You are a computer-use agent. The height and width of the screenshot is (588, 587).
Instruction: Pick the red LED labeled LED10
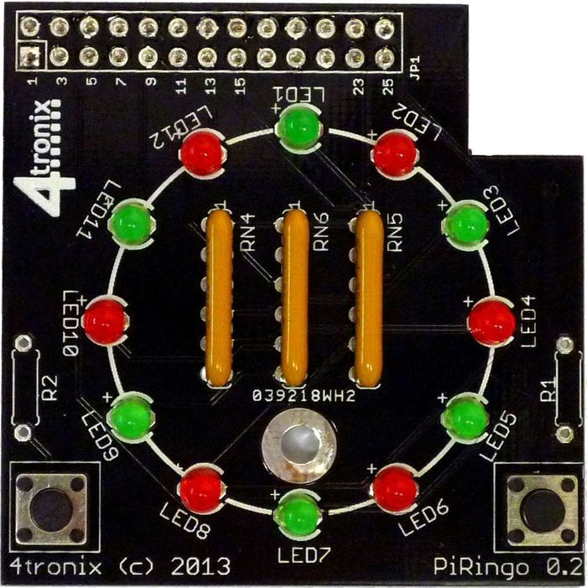point(105,320)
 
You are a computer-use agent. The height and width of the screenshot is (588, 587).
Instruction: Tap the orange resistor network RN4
point(221,298)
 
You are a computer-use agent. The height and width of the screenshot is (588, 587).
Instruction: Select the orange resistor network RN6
point(293,298)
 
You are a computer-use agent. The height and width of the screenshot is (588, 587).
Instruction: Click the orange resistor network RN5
point(367,298)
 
